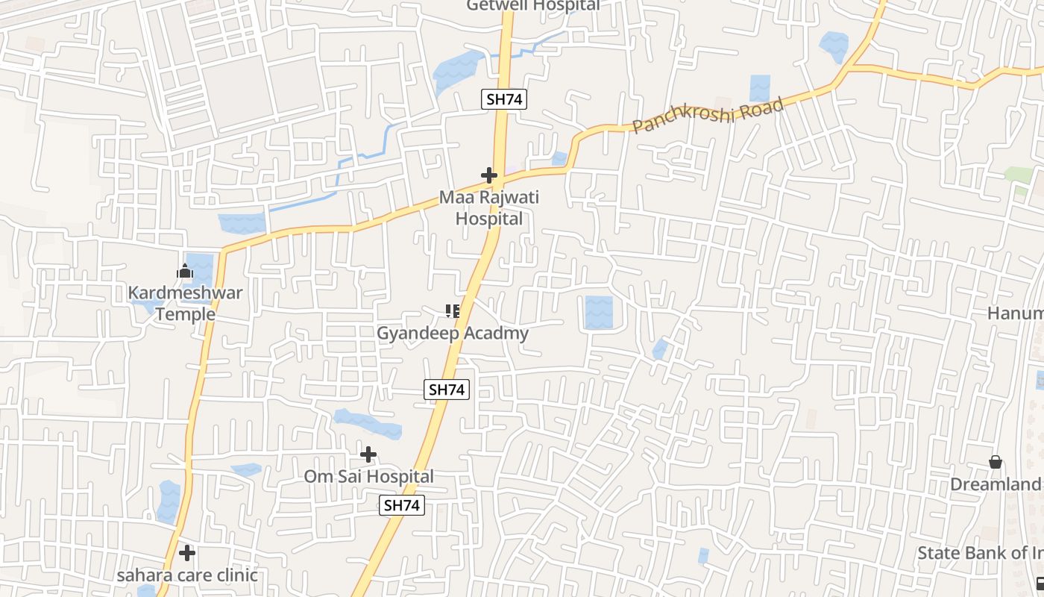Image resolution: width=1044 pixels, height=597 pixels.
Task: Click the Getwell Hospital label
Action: [532, 6]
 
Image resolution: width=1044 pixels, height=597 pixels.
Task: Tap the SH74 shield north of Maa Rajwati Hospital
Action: [503, 99]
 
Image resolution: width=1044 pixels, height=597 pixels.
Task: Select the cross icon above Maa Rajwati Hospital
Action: [489, 175]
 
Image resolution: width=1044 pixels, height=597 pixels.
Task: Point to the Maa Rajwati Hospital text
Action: [489, 208]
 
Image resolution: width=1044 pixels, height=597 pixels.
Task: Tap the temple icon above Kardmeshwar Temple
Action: [185, 272]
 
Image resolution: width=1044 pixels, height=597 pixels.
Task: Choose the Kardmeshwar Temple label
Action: [185, 303]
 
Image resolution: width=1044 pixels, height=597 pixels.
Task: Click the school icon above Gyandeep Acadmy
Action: [452, 310]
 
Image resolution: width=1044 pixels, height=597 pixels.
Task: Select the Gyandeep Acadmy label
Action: [452, 334]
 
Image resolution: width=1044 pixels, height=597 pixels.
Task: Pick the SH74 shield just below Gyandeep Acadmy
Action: [447, 389]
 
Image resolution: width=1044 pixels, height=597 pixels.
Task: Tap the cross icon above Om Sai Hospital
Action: [368, 454]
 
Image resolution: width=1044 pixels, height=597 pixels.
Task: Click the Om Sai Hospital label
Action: [368, 476]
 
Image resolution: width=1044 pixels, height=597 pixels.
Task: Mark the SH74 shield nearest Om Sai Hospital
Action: [402, 505]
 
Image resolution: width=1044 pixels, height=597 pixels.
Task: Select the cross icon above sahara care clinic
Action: [187, 553]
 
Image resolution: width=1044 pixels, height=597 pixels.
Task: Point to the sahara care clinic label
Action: [187, 575]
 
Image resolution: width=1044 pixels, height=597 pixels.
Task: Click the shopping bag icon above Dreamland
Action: [996, 463]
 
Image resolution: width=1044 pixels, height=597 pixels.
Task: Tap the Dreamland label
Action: [996, 484]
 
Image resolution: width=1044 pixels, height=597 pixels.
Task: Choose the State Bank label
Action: [980, 553]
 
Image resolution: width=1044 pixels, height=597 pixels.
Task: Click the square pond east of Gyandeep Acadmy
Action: [598, 313]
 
